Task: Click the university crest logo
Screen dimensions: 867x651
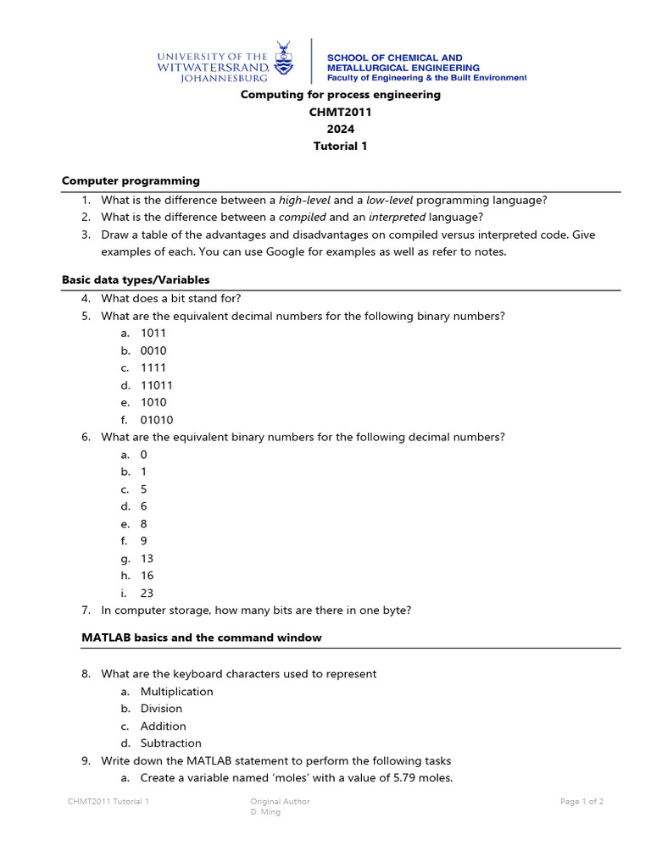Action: click(284, 59)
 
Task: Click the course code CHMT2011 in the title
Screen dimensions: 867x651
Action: click(340, 112)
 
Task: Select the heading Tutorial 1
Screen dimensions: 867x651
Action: click(340, 146)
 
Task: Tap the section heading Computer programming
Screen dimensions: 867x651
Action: click(131, 180)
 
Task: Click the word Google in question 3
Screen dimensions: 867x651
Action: click(288, 252)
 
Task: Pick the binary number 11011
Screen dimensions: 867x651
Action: click(157, 385)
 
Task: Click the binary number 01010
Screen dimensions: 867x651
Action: click(157, 420)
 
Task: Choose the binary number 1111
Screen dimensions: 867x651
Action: click(153, 368)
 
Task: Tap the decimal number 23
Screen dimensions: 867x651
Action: click(147, 594)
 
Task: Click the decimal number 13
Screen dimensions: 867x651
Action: click(147, 559)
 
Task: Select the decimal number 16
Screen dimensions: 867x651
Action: click(147, 576)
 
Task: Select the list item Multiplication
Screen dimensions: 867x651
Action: click(176, 692)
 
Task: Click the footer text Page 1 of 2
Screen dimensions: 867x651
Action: click(581, 801)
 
